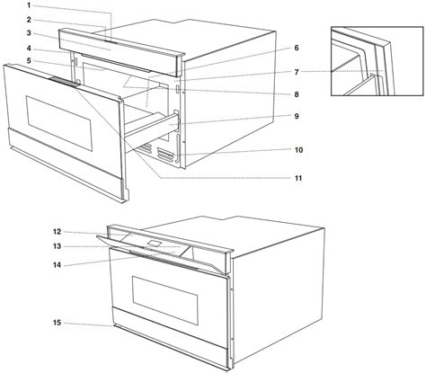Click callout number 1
pos(29,5)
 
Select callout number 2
pos(29,20)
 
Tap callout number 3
pos(29,33)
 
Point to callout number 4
pos(29,48)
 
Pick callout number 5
pos(29,61)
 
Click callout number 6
pos(297,48)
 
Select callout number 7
pos(297,72)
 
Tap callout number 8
pos(297,94)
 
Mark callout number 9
pos(297,116)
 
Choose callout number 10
pos(298,150)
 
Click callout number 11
pos(298,178)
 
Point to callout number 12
pos(58,232)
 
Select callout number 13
pos(58,246)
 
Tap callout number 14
pos(58,265)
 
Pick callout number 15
pos(58,323)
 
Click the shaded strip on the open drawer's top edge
pos(65,82)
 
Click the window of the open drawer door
pos(59,123)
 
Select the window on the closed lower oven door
pos(165,300)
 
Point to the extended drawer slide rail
pos(152,125)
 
